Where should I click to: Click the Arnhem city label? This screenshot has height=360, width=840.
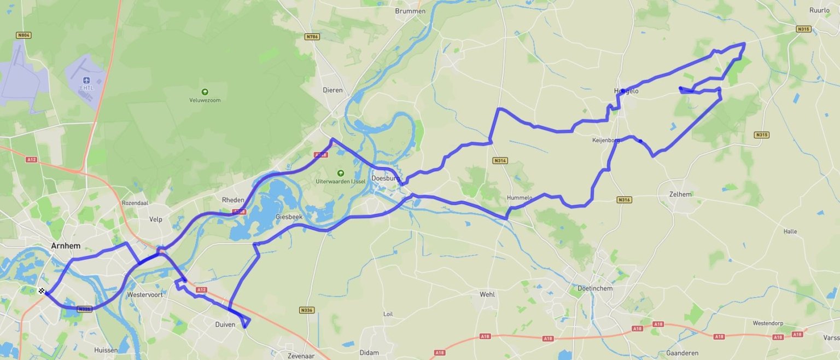point(66,246)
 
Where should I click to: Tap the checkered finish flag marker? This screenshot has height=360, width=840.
point(42,291)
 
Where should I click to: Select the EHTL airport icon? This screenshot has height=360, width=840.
point(86,80)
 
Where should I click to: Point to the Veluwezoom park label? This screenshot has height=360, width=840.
point(205,100)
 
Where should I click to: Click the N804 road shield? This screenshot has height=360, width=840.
point(24,35)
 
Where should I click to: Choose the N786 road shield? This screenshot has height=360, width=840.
point(312,37)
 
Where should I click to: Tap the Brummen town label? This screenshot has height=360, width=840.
point(410,11)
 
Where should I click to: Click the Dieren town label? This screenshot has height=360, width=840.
point(332,90)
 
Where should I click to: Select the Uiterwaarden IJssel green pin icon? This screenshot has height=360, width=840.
point(341,173)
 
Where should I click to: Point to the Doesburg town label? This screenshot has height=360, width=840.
point(386,178)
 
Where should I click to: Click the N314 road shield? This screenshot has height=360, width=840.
point(500,161)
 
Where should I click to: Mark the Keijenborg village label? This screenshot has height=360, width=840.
point(606,141)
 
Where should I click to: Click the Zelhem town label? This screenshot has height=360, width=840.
point(680,194)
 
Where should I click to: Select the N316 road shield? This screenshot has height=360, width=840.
point(624,200)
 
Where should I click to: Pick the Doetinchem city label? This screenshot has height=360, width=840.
point(595,288)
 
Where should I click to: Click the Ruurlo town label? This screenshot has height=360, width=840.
point(819,10)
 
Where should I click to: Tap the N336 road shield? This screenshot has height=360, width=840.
point(307,310)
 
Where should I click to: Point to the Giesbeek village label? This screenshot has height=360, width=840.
point(289,217)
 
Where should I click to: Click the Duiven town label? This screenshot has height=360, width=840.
point(225,324)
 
